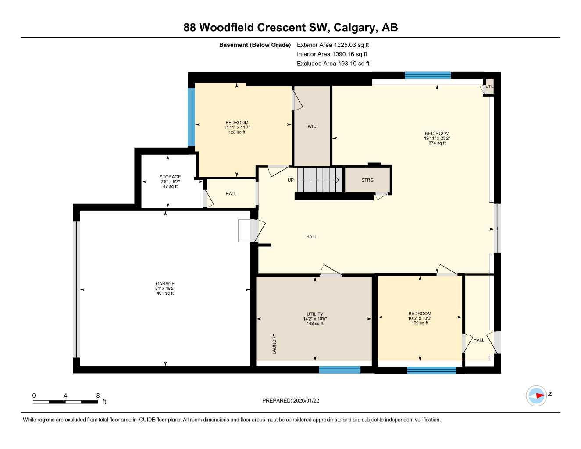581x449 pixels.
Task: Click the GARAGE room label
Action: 165,284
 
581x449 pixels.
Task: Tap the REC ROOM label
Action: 437,133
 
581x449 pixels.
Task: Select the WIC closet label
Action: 312,126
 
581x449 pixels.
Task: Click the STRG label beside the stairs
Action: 367,180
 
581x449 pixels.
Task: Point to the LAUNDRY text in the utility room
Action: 274,344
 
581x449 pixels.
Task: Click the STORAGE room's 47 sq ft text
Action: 170,186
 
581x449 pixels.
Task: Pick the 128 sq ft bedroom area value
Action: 237,132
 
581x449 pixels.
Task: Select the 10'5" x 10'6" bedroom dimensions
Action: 420,318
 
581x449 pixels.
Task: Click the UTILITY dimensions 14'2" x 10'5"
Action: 315,319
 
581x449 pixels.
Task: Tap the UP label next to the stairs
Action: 291,180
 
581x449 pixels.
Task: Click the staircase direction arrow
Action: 320,180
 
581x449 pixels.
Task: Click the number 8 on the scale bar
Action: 98,396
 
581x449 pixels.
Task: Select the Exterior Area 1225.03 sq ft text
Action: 333,45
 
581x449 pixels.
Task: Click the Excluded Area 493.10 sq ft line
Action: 333,64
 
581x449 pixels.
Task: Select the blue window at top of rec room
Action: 427,75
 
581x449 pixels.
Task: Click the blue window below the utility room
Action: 339,370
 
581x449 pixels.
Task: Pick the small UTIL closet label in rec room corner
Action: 490,86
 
